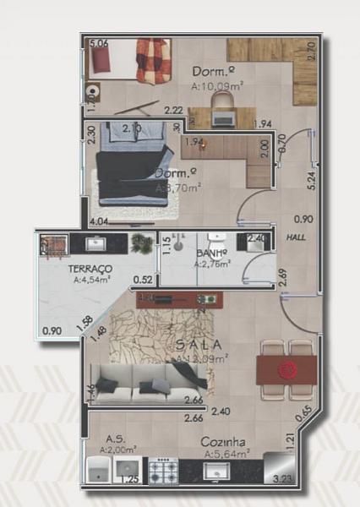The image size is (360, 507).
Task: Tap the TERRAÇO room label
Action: coord(93,268)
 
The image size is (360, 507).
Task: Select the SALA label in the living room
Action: coord(199,344)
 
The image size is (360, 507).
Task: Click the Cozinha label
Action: coord(223,442)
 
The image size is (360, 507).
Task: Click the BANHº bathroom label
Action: coord(210,253)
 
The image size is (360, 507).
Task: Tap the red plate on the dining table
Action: coord(288,368)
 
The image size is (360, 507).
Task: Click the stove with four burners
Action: coord(162,472)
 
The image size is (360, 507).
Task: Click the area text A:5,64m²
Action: coord(226,454)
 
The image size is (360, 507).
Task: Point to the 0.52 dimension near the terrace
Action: coord(142,280)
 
